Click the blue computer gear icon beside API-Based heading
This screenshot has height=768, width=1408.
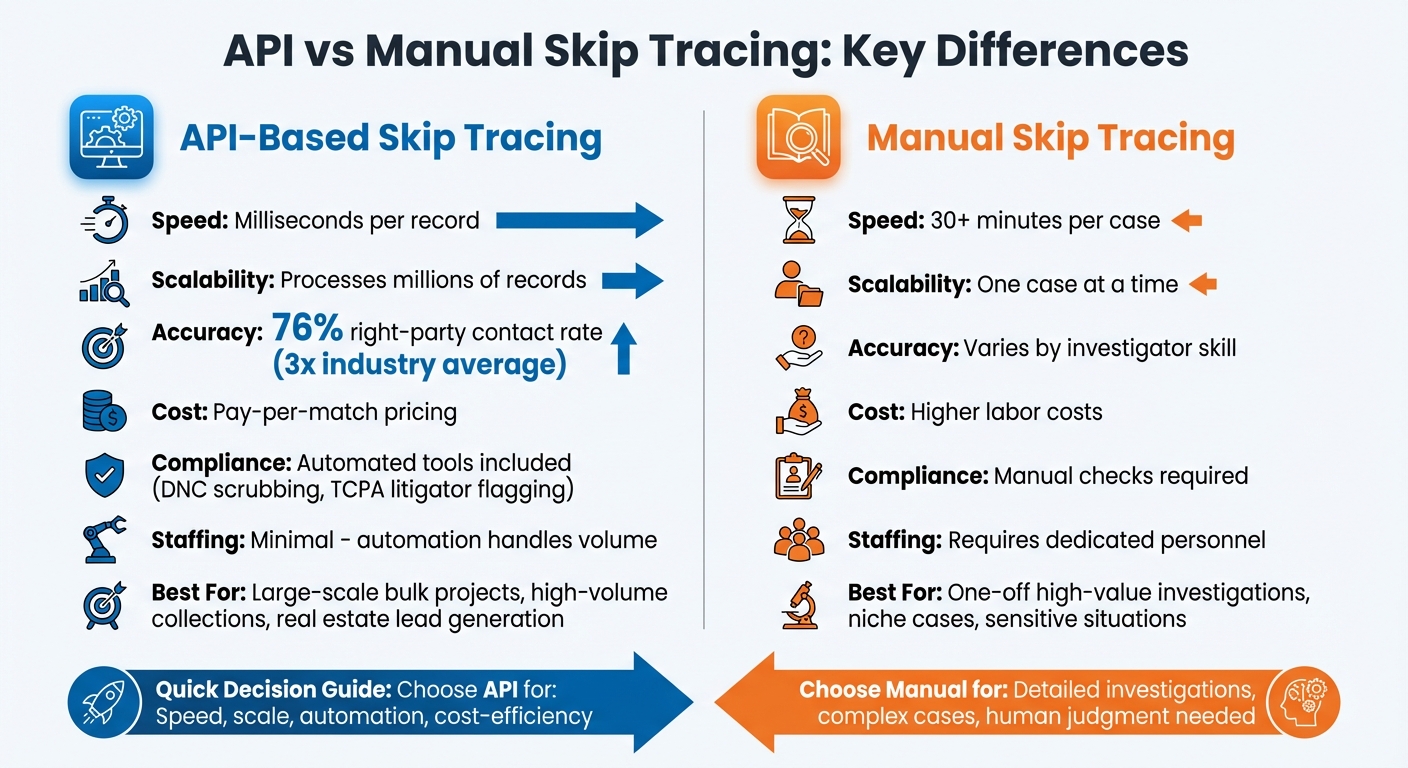tap(111, 137)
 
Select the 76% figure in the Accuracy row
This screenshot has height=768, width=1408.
tap(308, 330)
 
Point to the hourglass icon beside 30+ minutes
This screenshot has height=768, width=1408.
tap(798, 220)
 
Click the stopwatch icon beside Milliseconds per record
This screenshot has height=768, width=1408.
tap(104, 221)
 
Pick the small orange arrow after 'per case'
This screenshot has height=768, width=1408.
tap(1186, 220)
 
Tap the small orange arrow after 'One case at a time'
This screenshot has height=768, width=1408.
tap(1203, 284)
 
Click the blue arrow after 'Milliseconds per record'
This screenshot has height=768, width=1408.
tap(580, 220)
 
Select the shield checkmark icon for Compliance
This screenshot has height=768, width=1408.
tap(104, 474)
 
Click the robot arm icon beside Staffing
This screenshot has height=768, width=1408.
tap(104, 540)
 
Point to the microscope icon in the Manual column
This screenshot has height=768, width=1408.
tap(798, 604)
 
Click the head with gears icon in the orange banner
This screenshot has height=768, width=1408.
tap(1303, 702)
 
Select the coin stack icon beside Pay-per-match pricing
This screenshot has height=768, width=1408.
tap(104, 411)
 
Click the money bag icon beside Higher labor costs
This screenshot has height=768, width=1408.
tap(798, 411)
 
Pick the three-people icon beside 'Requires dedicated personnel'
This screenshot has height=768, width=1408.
tap(798, 540)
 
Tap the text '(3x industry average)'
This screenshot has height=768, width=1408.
tap(419, 364)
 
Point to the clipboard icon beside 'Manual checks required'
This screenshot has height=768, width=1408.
tap(798, 475)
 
